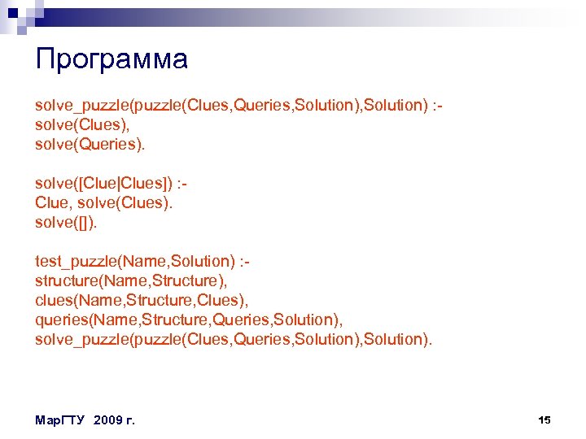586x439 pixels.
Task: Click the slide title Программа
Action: point(112,59)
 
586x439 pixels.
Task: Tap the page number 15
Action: point(544,419)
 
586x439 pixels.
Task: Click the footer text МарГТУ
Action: point(61,419)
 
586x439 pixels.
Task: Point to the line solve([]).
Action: point(65,222)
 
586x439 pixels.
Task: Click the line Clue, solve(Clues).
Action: point(104,202)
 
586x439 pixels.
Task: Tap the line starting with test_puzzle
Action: point(142,261)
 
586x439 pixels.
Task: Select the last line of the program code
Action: point(234,339)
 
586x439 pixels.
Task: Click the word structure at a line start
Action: point(65,280)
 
